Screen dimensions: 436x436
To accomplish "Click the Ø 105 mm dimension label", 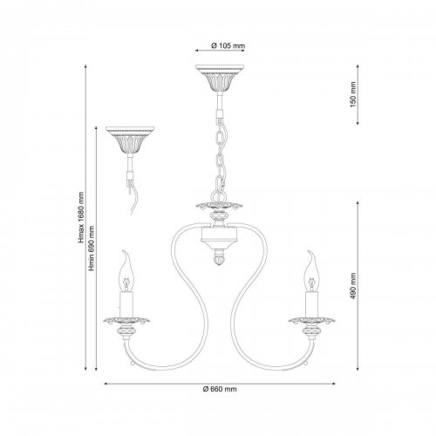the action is [228, 45].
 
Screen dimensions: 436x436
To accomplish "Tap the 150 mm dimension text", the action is [353, 94].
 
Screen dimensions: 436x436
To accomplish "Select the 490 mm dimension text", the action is [353, 286].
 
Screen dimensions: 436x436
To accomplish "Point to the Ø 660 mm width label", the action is [220, 389].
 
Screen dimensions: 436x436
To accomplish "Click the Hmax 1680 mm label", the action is [80, 217].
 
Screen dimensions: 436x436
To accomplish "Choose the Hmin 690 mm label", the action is [92, 249].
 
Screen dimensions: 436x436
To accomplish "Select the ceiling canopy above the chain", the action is [220, 78].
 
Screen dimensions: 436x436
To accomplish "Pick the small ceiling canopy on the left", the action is [130, 140].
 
